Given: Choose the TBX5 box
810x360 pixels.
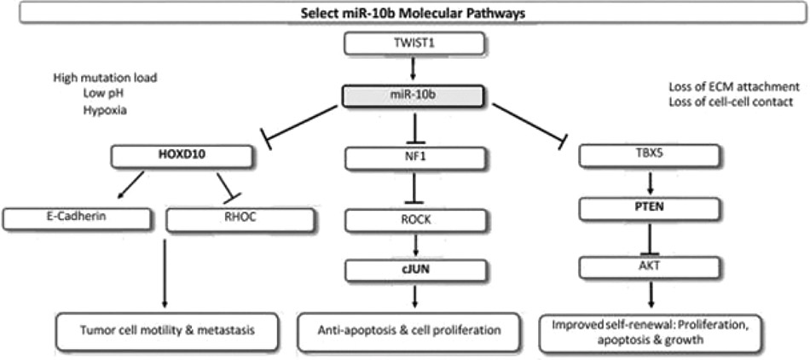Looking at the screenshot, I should tap(648, 156).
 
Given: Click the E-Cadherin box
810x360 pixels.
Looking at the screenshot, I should tap(72, 218).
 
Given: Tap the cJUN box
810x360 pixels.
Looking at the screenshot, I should tap(415, 270).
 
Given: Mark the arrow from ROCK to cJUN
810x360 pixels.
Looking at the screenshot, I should tap(415, 245).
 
